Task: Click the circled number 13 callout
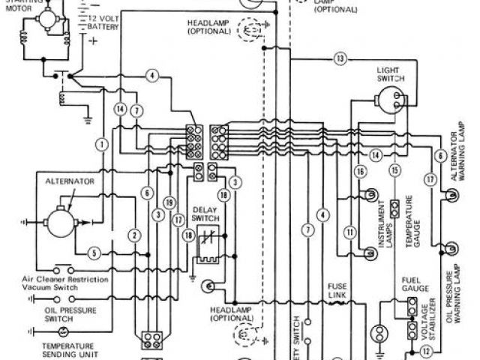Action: coord(340,58)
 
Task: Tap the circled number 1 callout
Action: coord(100,142)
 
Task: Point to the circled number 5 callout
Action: coord(94,252)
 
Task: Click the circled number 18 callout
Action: coord(187,236)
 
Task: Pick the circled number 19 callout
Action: coord(171,202)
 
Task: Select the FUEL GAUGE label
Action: coord(413,283)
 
